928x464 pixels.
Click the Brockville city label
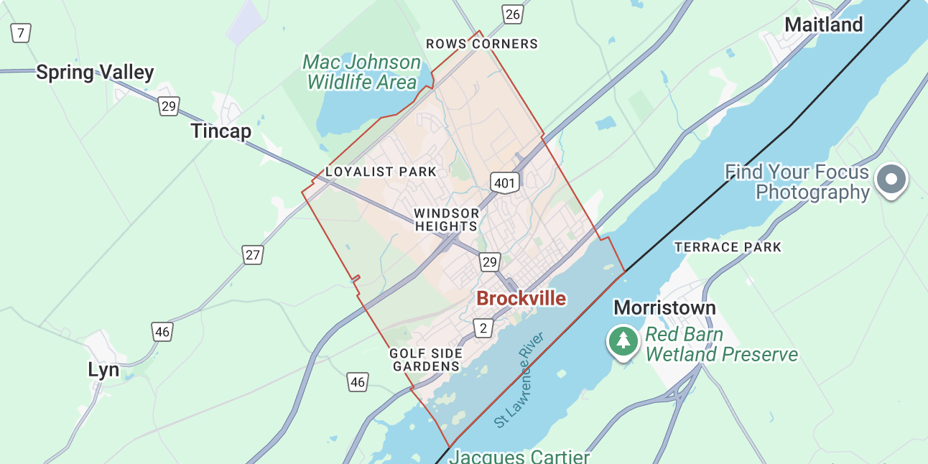click(521, 299)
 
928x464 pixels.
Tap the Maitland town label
click(823, 25)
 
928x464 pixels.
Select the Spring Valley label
click(95, 73)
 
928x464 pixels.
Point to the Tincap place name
click(221, 131)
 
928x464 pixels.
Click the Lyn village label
click(103, 370)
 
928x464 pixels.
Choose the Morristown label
click(664, 308)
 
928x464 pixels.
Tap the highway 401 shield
click(505, 183)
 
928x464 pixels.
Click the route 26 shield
click(512, 14)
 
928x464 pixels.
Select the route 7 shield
click(21, 32)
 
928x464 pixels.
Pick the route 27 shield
click(252, 255)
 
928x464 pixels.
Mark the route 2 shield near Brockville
click(484, 328)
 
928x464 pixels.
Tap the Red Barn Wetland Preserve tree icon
click(623, 340)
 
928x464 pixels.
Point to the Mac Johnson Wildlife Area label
click(361, 73)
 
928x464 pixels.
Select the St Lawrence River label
click(521, 381)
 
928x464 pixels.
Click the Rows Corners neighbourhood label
click(481, 44)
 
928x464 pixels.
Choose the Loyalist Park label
click(381, 172)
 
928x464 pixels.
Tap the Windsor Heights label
click(446, 220)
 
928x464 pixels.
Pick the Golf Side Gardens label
click(425, 360)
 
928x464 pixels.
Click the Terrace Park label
click(727, 247)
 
